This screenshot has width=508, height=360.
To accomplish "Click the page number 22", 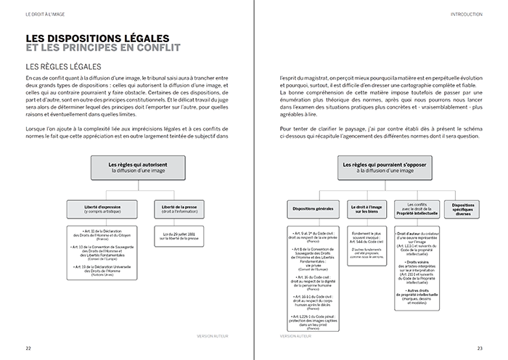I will (28, 348).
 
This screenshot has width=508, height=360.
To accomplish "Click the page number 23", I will (480, 348).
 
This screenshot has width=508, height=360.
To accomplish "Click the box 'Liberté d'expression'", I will (102, 210).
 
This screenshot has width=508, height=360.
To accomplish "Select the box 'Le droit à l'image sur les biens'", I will (365, 209).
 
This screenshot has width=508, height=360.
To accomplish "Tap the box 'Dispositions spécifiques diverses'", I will (464, 209).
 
